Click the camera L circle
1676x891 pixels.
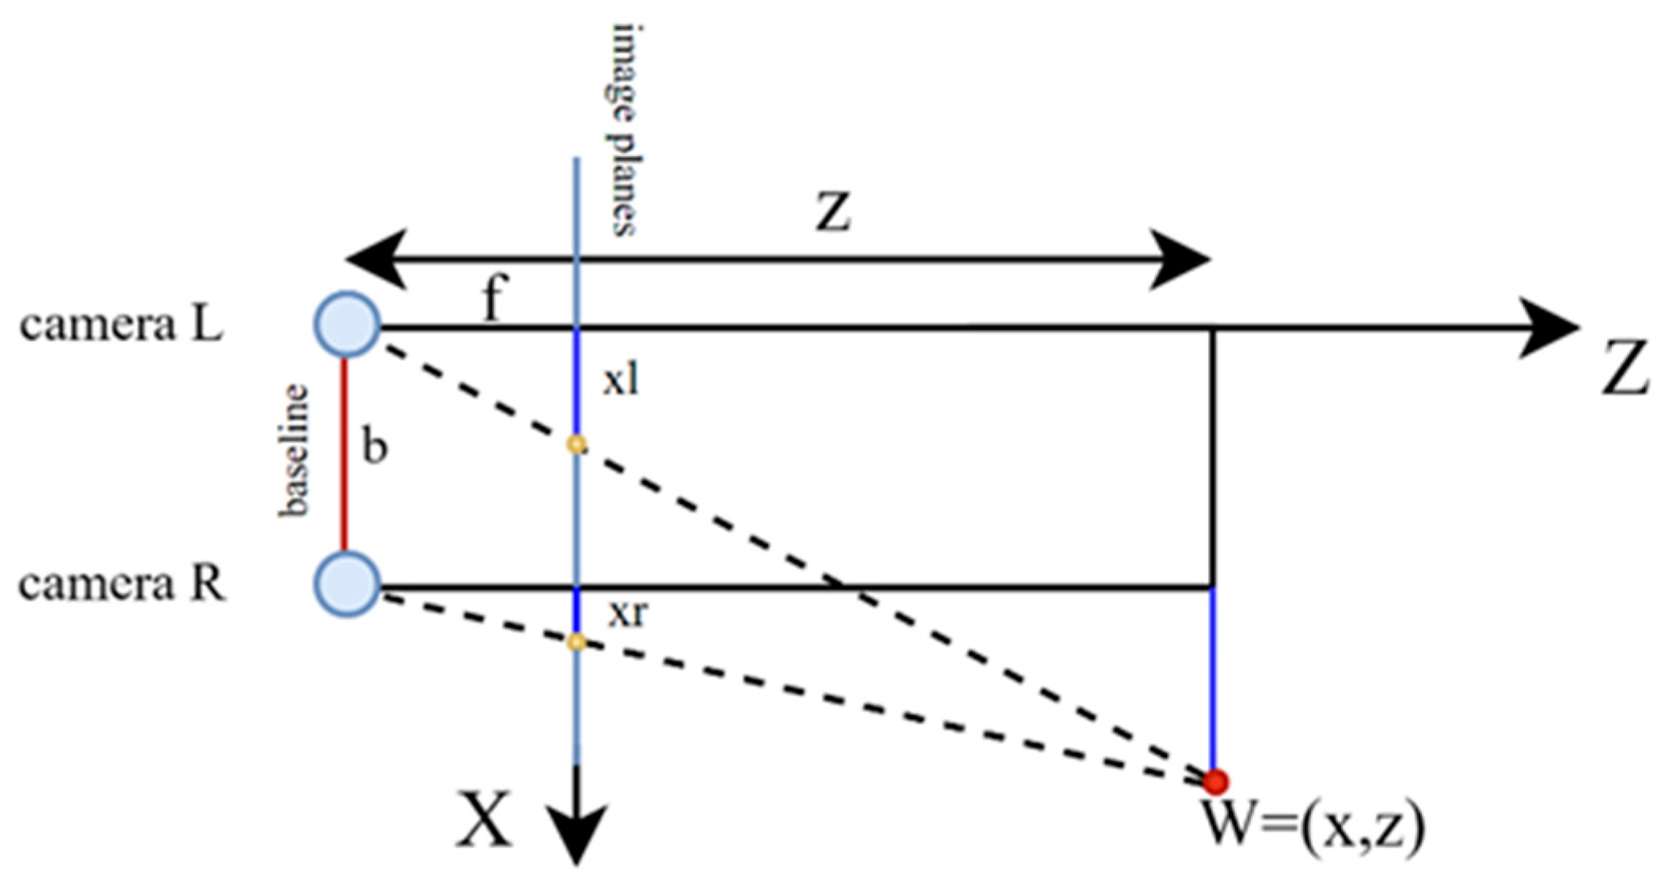click(x=348, y=324)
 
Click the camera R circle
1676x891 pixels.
click(x=348, y=584)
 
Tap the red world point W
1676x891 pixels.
click(x=1214, y=781)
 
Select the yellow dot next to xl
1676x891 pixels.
click(x=577, y=445)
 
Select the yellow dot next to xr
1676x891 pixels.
click(x=577, y=641)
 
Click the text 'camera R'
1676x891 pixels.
click(x=122, y=586)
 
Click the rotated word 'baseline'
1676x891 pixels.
click(x=294, y=449)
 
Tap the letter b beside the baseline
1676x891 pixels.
click(x=374, y=446)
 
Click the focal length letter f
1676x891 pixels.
click(x=492, y=300)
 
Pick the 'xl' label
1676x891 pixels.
click(x=621, y=381)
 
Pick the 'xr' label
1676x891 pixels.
click(x=628, y=613)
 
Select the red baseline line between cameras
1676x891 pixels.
click(x=344, y=454)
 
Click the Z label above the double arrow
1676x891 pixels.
click(x=834, y=211)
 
